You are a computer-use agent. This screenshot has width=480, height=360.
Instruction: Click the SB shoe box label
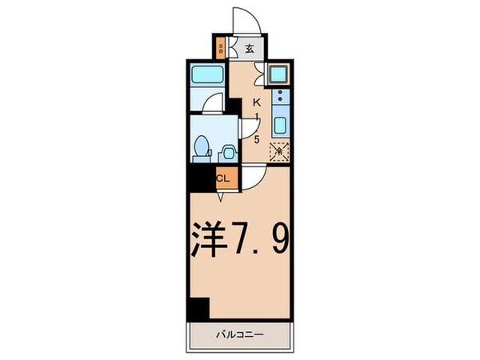(x=221, y=48)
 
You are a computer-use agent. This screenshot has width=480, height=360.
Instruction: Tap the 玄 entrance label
(x=249, y=48)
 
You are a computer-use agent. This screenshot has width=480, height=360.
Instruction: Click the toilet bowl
(x=203, y=146)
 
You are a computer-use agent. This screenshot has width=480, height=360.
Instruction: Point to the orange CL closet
(x=223, y=179)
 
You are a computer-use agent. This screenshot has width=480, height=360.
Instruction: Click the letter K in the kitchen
(x=258, y=103)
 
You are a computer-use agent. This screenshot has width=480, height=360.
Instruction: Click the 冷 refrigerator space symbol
(x=279, y=150)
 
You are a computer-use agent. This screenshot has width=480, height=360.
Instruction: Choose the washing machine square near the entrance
(x=279, y=76)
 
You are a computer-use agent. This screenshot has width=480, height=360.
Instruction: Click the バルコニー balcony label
(x=240, y=334)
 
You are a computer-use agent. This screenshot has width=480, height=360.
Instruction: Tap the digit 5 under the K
(x=258, y=139)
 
